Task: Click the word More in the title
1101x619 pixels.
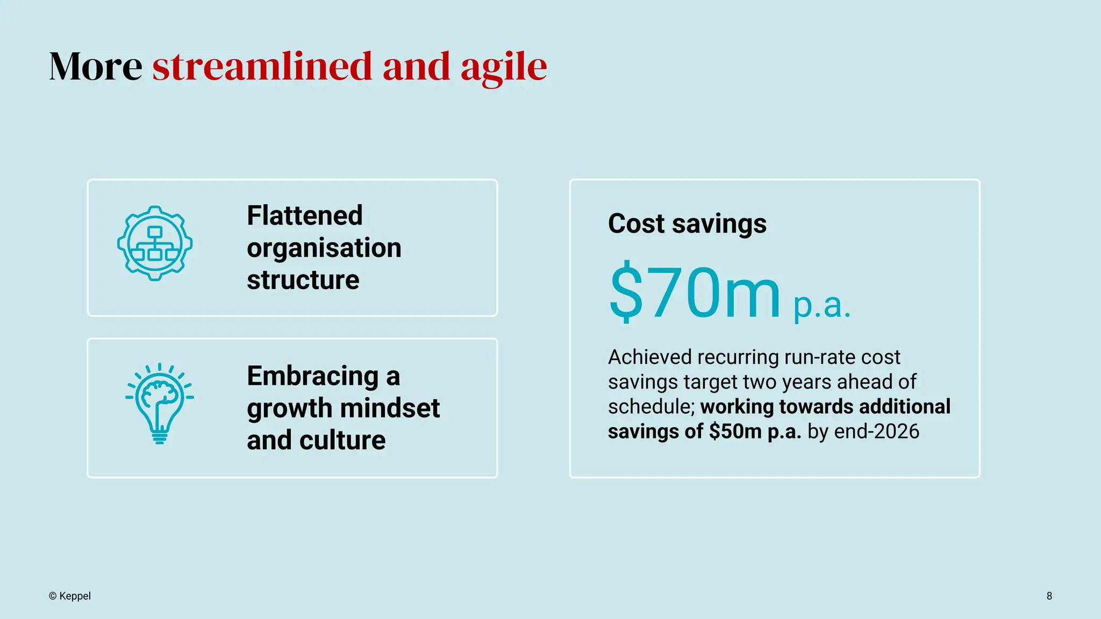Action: click(96, 67)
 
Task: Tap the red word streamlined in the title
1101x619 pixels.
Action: click(262, 67)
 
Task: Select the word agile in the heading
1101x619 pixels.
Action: click(503, 68)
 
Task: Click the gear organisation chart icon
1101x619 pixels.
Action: click(155, 243)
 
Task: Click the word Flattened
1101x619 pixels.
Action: click(305, 215)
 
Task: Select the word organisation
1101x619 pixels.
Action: click(324, 248)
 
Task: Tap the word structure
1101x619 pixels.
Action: click(303, 280)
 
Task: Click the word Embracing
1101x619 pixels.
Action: click(313, 376)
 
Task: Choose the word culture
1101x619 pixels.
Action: click(342, 440)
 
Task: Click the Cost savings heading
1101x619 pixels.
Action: click(687, 224)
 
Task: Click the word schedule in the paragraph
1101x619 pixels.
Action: click(650, 407)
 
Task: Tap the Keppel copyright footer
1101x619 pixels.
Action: click(70, 596)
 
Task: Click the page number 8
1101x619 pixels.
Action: click(1049, 596)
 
